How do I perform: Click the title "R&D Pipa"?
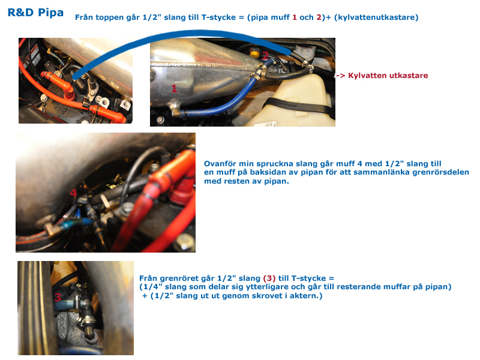35,13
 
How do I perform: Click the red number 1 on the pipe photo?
174,88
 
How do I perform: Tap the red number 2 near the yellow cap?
265,56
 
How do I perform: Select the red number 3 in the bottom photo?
58,297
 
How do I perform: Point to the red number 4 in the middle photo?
73,193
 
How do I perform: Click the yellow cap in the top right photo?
254,52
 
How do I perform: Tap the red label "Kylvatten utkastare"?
388,76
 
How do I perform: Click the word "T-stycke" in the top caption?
218,17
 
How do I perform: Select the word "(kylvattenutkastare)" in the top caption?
376,17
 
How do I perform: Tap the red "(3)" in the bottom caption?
269,278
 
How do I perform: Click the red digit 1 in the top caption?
295,17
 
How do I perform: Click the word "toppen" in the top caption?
110,18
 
